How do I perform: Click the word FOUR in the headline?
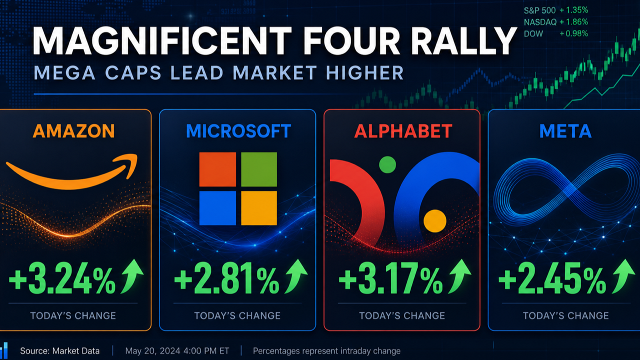pos(351,41)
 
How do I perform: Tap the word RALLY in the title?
pos(463,41)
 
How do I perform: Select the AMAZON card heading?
pos(73,131)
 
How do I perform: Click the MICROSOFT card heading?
pos(238,131)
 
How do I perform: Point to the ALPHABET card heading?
pos(403,131)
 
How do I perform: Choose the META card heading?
pos(565,131)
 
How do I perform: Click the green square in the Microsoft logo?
pos(259,169)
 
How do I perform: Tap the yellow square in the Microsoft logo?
pos(259,208)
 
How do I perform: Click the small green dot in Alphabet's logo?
pos(387,164)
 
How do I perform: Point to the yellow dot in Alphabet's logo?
pos(435,221)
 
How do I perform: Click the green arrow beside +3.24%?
pos(132,276)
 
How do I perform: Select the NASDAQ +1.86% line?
pos(556,22)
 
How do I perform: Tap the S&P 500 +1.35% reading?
pos(556,10)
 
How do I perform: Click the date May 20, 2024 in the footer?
pos(152,351)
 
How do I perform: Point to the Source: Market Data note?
pos(59,351)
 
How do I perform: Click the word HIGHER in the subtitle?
pos(365,73)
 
